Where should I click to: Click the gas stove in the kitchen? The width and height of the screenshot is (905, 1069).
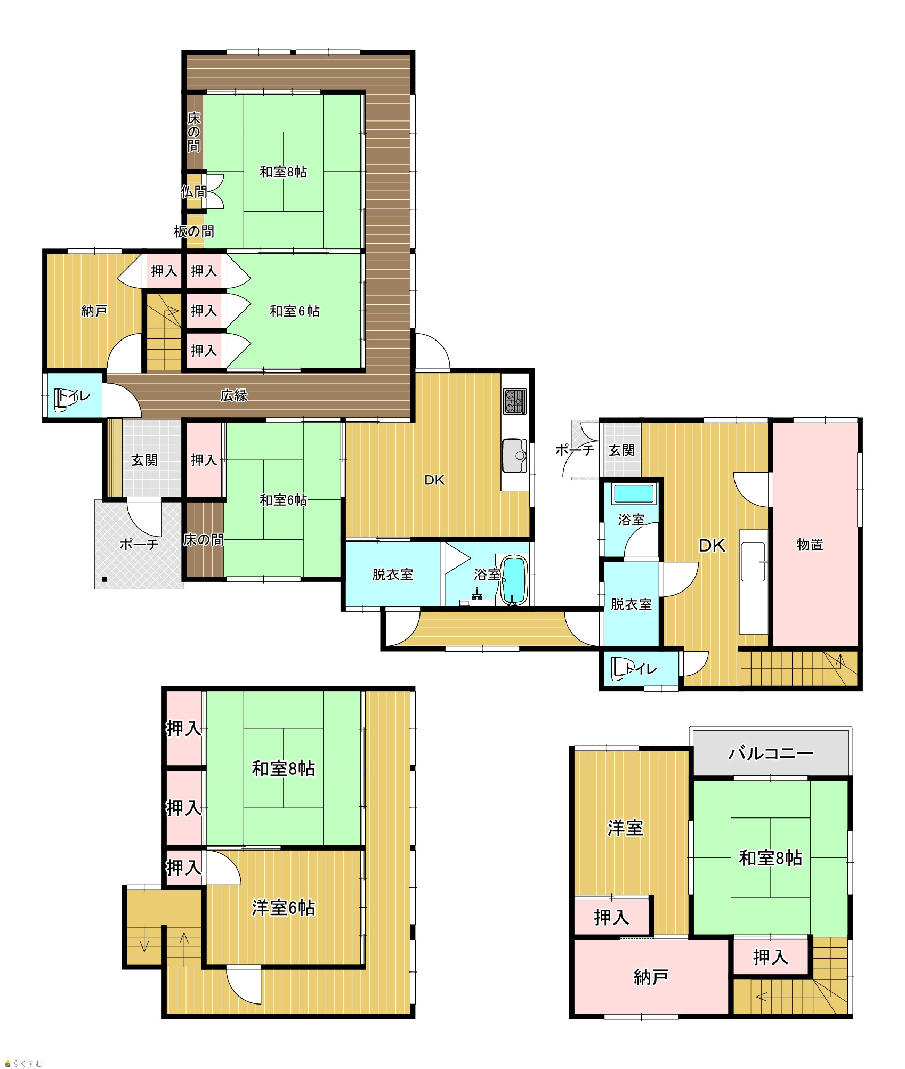pos(515,401)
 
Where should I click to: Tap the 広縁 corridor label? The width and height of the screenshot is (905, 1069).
pos(234,395)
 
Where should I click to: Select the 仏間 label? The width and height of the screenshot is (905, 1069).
pos(194,191)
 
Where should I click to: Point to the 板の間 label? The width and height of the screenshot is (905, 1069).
pos(194,231)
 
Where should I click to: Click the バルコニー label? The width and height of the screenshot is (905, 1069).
pos(771,753)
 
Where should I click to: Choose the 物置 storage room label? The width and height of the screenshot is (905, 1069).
pos(810,544)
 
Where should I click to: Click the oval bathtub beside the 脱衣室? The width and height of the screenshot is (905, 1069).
pos(514,580)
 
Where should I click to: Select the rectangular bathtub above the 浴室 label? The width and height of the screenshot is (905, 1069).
pos(633,493)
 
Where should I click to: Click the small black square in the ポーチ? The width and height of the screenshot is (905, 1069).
pos(104,579)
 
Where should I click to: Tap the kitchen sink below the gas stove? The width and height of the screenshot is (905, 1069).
pos(514,456)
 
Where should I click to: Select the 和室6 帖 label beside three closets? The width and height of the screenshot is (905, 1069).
pos(295,311)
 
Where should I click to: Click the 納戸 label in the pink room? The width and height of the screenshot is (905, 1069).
pos(651,977)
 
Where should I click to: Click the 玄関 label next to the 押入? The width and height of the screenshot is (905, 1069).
pos(144,460)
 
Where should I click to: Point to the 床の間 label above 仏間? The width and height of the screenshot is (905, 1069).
pos(194,132)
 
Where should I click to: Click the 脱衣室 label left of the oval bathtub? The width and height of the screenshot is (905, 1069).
pos(393,574)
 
